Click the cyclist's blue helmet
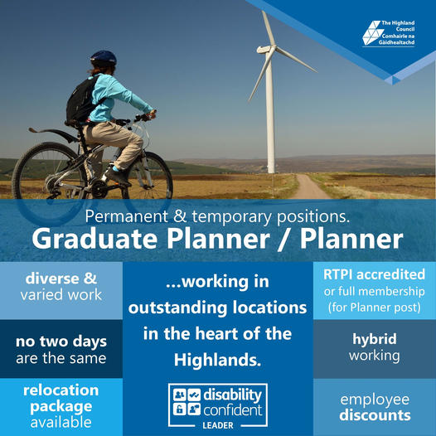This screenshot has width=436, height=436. click(104, 58)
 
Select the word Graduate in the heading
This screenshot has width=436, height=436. click(94, 240)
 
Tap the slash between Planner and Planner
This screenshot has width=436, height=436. click(284, 240)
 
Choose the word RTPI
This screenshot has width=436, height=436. click(338, 274)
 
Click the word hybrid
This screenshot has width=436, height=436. click(375, 340)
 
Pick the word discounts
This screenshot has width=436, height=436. click(375, 415)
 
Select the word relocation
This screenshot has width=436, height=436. click(61, 390)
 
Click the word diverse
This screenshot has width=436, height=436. click(52, 279)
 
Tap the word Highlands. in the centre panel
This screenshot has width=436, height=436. click(218, 360)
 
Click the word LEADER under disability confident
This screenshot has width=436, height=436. click(218, 425)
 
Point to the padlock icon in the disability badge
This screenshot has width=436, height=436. click(180, 409)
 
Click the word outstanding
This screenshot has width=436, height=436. click(177, 308)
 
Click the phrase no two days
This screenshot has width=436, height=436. click(61, 342)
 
